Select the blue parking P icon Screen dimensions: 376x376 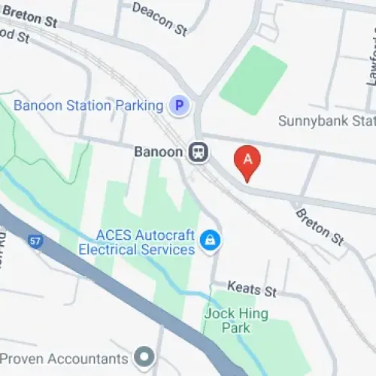pos(178,106)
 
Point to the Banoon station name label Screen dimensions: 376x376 pos(159,152)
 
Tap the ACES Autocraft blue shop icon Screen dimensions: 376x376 pos(210,241)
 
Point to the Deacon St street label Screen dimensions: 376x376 pos(159,19)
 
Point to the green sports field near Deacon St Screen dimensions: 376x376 pos(253,80)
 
